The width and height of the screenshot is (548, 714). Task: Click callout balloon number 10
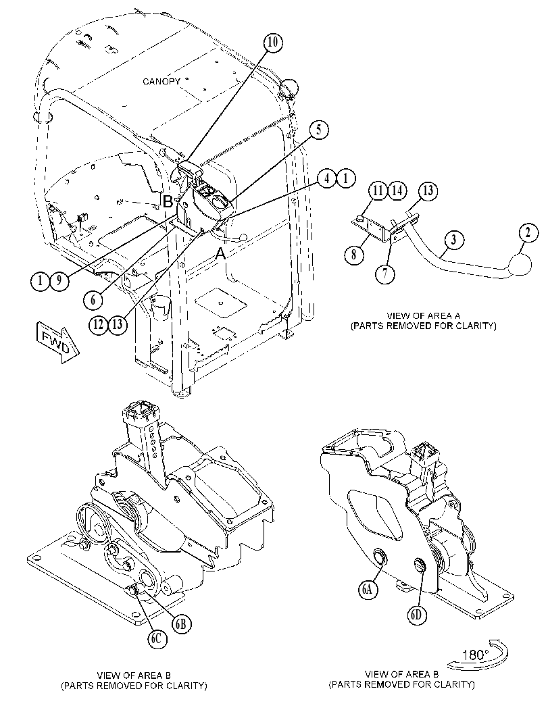[272, 43]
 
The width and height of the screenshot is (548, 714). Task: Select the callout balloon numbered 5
[319, 130]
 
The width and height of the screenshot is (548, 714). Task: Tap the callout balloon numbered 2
[528, 233]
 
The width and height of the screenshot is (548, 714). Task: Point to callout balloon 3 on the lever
[453, 240]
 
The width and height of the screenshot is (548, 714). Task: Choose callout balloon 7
[385, 274]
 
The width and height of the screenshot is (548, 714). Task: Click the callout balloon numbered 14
[397, 190]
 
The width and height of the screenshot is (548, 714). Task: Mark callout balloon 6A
[368, 590]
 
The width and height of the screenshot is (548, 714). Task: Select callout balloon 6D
[416, 615]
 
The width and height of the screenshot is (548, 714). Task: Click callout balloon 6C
[156, 639]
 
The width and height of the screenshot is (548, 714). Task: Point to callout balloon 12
[99, 324]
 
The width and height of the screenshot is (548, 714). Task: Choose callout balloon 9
[59, 280]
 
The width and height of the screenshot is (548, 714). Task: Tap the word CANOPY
[161, 82]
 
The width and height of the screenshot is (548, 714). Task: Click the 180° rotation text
[476, 655]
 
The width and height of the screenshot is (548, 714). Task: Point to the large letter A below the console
[220, 253]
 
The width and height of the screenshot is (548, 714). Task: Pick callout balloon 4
[328, 178]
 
